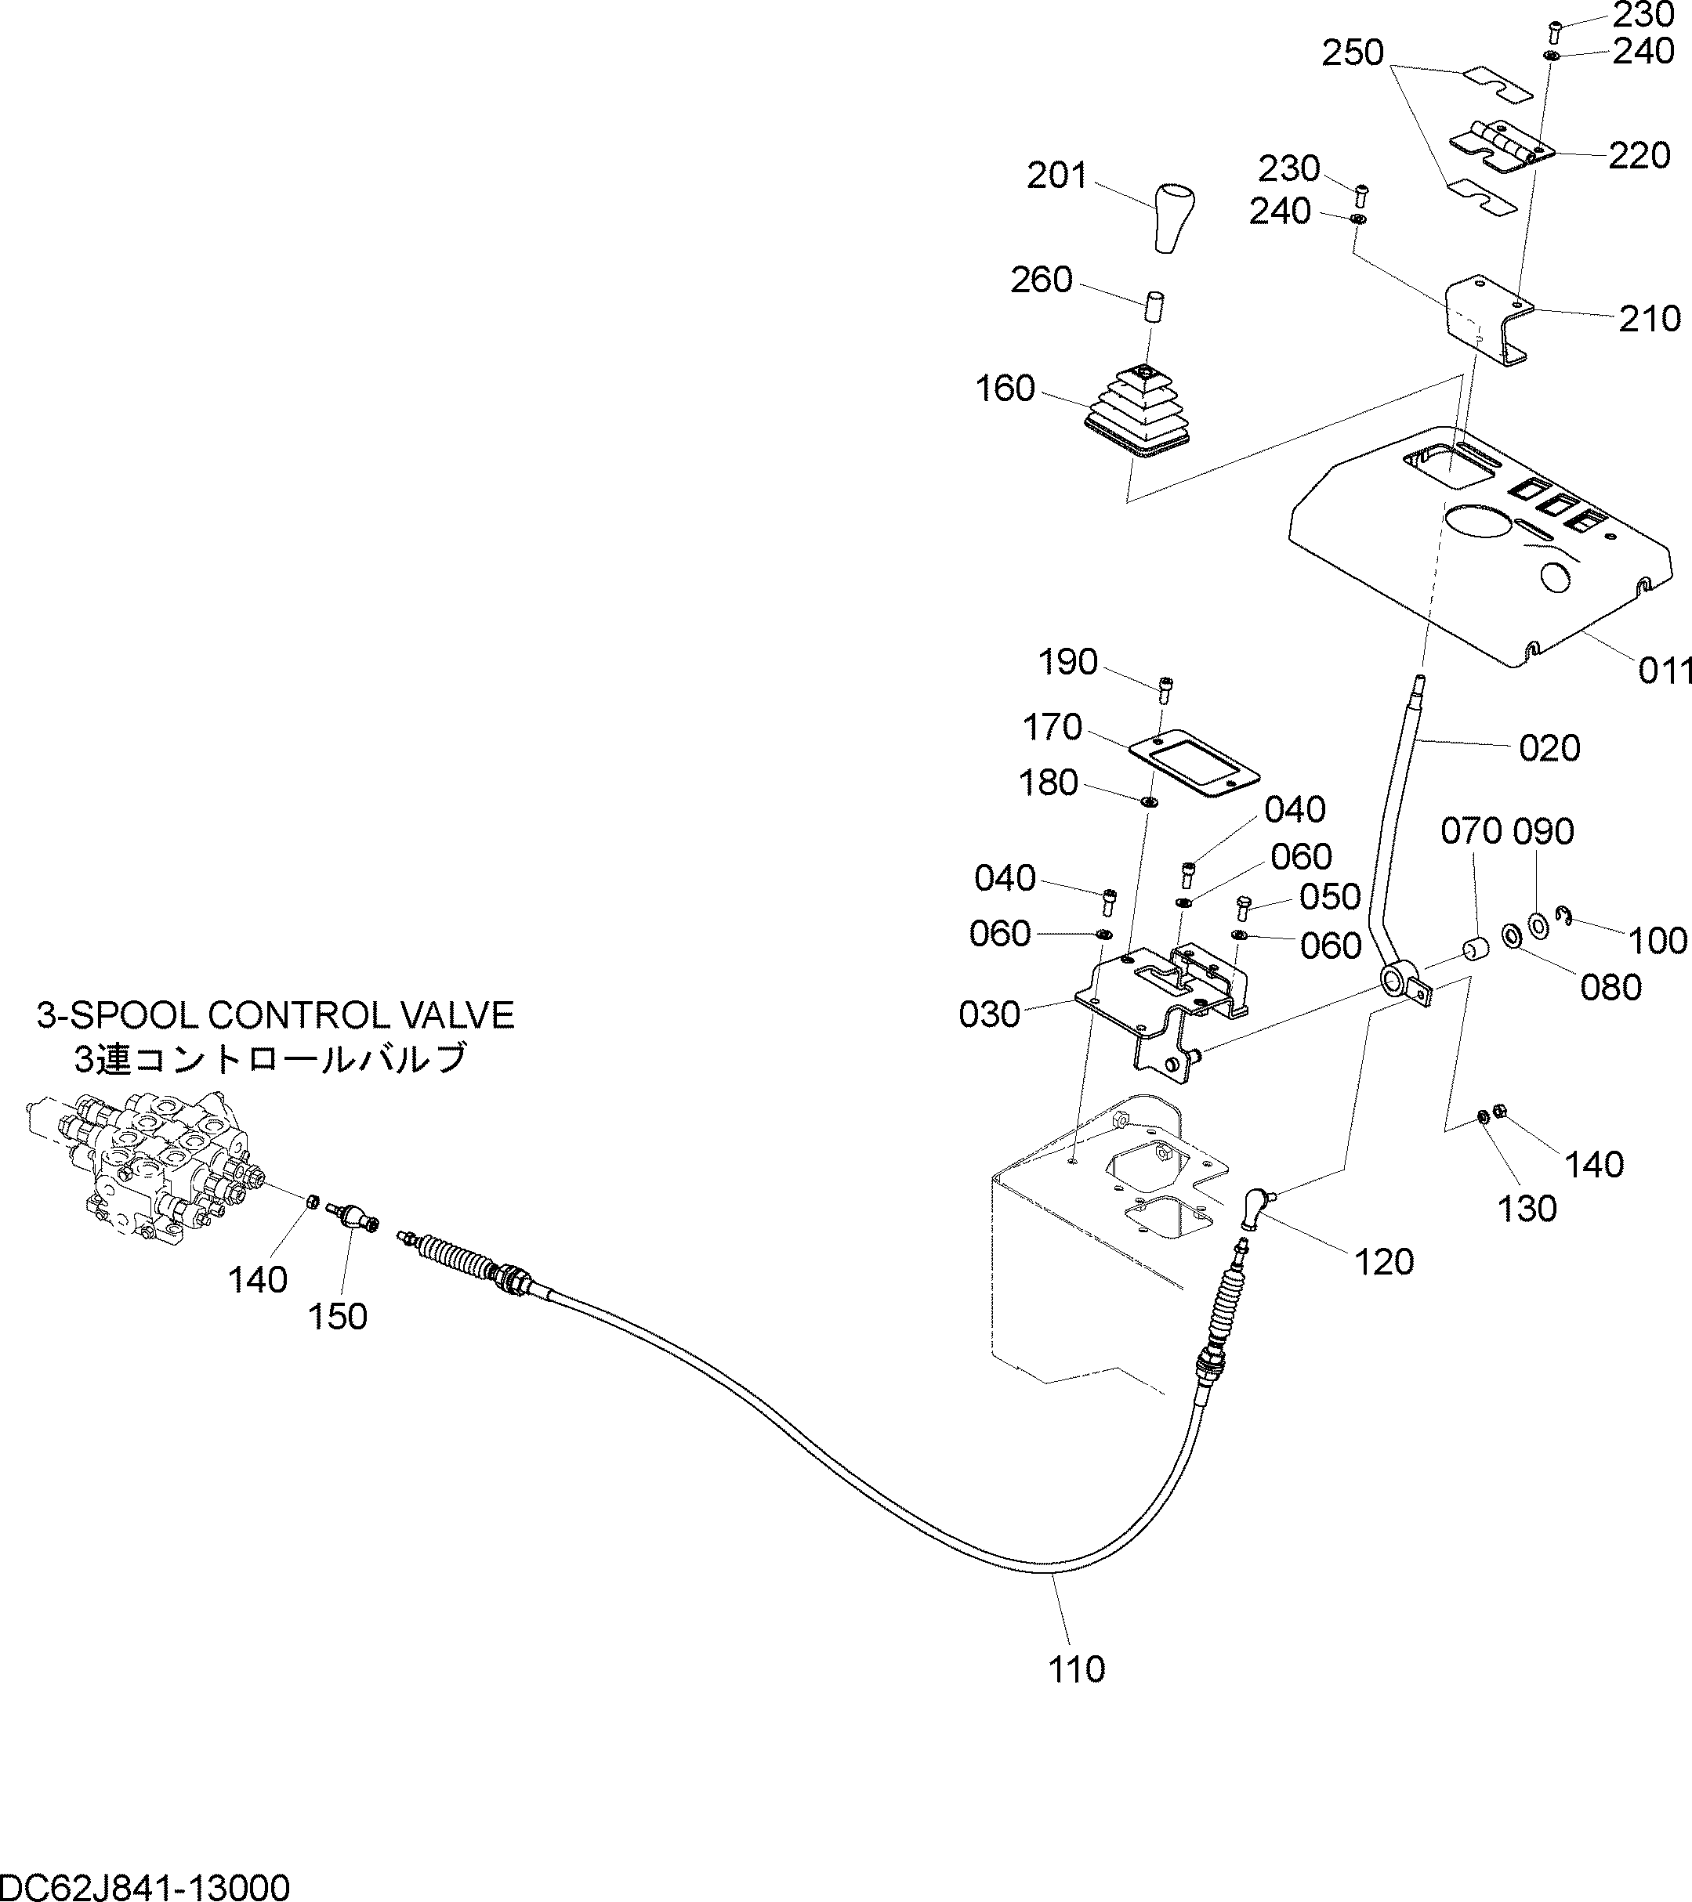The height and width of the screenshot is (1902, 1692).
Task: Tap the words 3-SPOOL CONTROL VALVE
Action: click(276, 1014)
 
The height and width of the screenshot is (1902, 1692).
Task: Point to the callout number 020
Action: click(1549, 747)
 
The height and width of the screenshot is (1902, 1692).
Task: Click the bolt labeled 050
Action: click(1241, 906)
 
